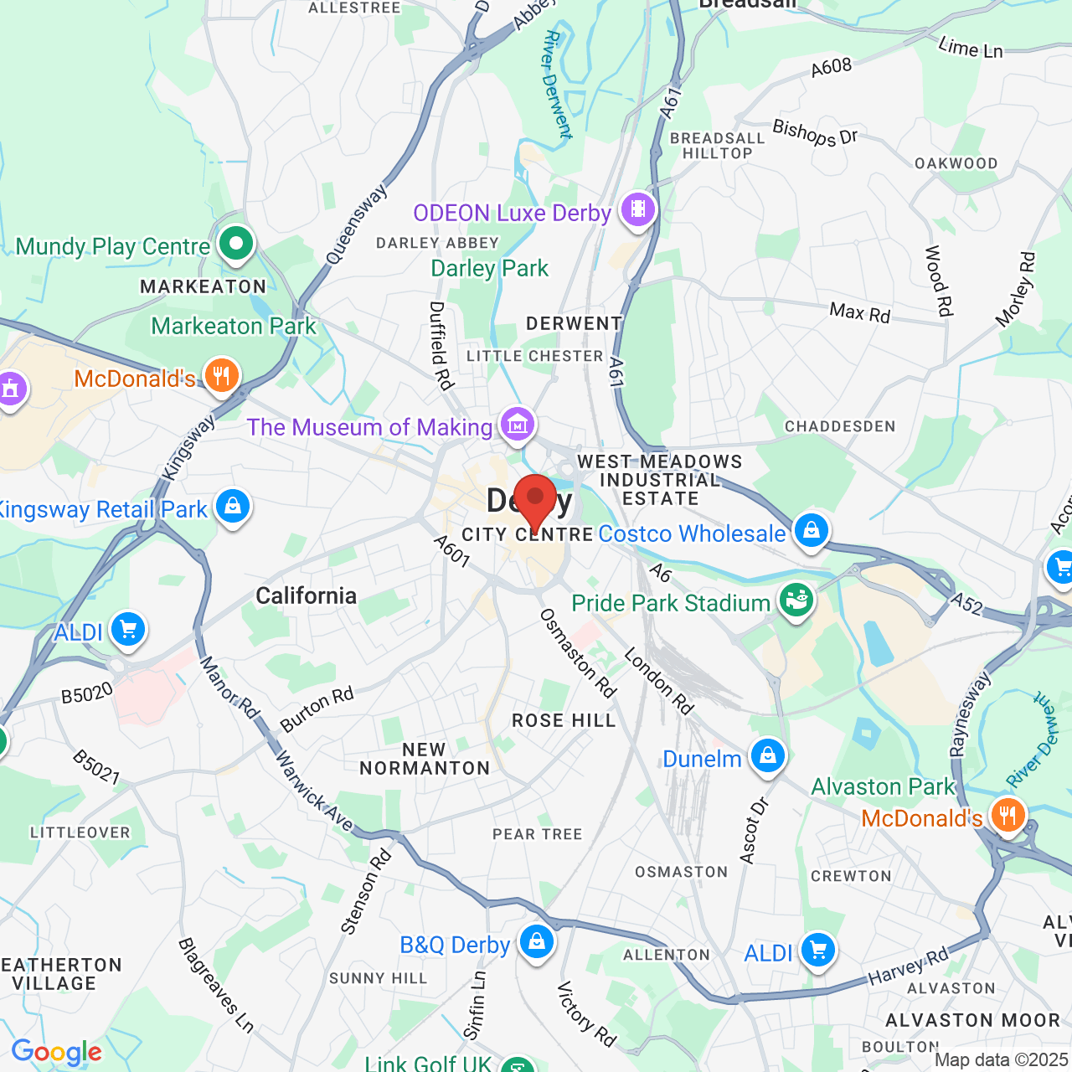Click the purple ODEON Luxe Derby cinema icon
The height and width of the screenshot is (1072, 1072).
click(x=638, y=209)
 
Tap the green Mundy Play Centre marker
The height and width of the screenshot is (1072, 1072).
click(x=236, y=245)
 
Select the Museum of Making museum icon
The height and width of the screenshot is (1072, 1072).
click(x=518, y=425)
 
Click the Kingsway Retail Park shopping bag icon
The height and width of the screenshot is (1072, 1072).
click(x=233, y=506)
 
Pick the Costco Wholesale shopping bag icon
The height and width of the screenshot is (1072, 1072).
click(x=811, y=530)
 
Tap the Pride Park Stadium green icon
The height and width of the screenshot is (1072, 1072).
click(x=796, y=600)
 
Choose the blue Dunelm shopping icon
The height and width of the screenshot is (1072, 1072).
click(x=767, y=755)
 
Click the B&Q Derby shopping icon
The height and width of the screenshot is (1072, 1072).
click(x=536, y=941)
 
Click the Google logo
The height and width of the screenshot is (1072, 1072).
click(x=57, y=1053)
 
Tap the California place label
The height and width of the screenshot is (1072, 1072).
click(x=306, y=595)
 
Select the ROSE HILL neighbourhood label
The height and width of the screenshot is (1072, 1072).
click(x=564, y=720)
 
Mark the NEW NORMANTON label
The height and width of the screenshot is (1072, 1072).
click(x=425, y=759)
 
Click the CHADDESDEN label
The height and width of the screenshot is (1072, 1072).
click(x=840, y=426)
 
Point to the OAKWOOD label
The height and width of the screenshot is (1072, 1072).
click(x=956, y=163)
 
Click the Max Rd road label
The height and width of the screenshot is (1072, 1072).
click(x=859, y=312)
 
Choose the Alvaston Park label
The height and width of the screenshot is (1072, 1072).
click(x=883, y=786)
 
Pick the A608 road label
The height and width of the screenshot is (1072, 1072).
click(x=831, y=67)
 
